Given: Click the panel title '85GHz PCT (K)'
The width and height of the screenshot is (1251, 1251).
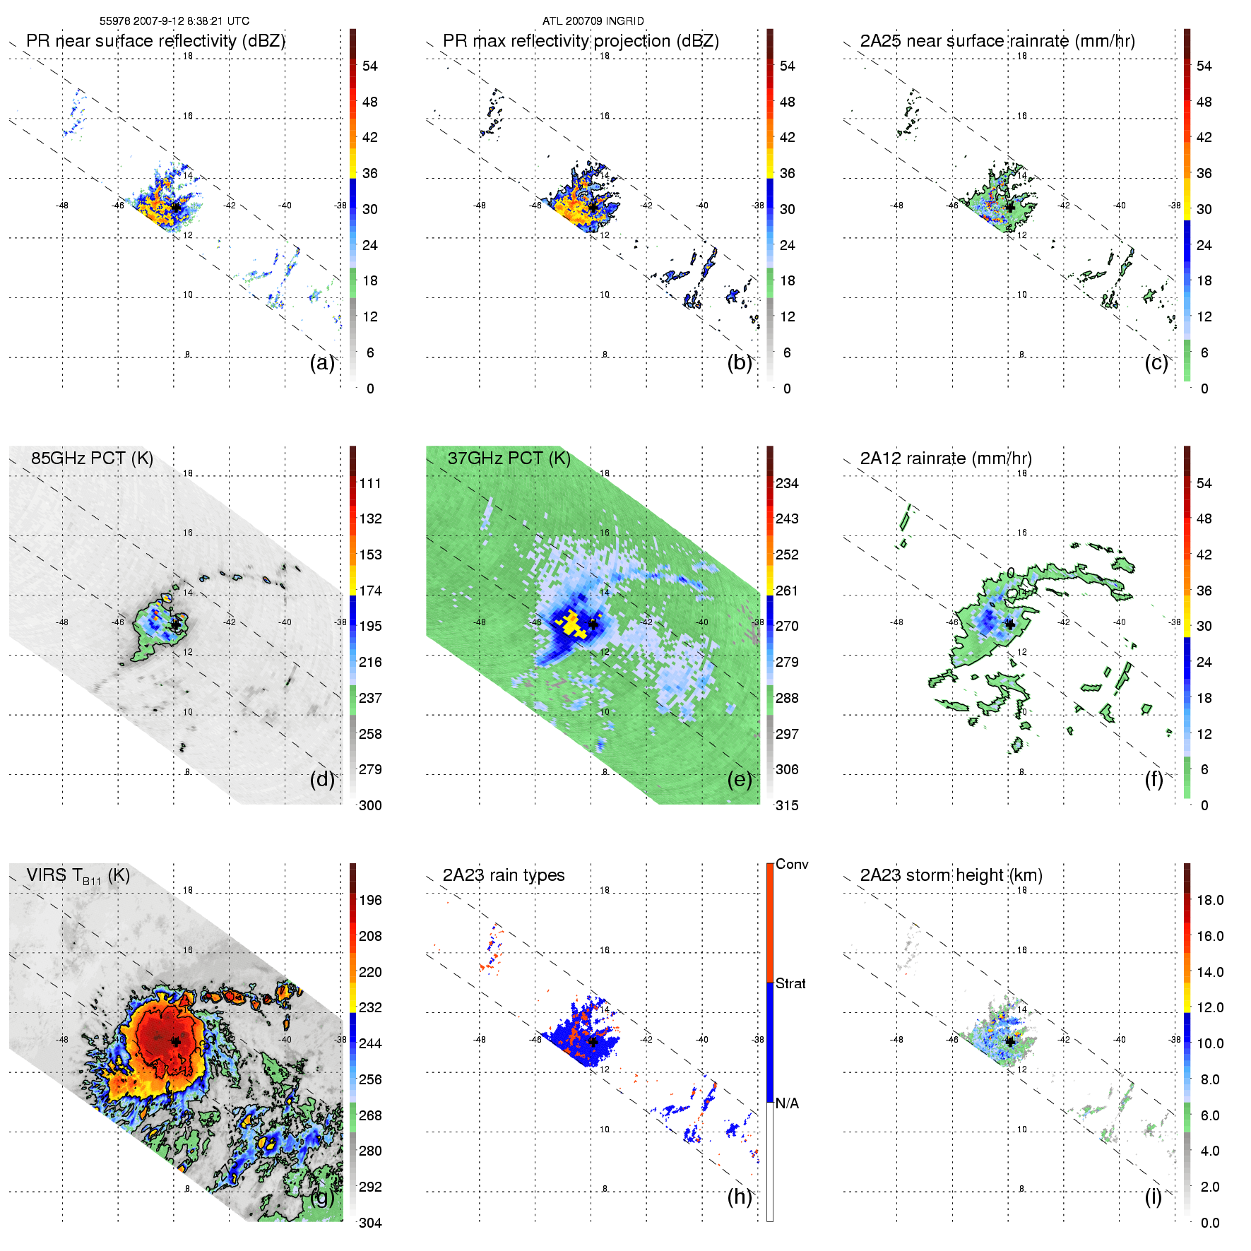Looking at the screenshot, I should tap(92, 458).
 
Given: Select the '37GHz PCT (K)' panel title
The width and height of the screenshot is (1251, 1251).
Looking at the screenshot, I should tap(509, 458).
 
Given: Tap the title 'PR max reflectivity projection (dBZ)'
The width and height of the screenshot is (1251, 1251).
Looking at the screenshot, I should tap(581, 41).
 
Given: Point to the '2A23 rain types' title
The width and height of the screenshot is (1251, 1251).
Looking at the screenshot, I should tap(504, 875).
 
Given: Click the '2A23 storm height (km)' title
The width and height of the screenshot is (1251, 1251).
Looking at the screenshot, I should tap(951, 875).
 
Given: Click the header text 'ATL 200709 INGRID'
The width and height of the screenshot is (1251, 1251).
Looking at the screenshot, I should tap(593, 21).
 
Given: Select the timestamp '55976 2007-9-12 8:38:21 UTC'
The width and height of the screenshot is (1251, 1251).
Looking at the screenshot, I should tap(174, 21).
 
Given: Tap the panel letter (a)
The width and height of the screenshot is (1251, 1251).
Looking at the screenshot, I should tap(322, 363).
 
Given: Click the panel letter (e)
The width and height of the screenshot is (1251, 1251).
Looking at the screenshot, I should tap(740, 780).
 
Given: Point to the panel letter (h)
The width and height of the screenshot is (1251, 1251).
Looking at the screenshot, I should tap(740, 1197).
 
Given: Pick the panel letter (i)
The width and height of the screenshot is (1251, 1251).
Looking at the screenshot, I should tap(1153, 1197).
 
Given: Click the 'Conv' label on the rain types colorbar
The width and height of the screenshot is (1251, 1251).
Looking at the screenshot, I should tap(792, 865).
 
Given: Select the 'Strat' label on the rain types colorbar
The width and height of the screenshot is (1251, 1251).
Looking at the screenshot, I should tap(790, 984).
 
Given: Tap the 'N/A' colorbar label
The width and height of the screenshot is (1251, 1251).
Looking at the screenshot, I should tap(787, 1103).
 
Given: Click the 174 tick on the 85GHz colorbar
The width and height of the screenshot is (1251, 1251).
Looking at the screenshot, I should tap(370, 591).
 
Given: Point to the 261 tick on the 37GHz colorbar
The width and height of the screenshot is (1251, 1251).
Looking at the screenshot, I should tap(787, 591).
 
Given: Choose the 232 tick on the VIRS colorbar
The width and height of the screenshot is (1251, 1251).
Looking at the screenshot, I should tap(370, 1007).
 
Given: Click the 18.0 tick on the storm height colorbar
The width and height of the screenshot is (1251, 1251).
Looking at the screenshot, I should tap(1209, 900).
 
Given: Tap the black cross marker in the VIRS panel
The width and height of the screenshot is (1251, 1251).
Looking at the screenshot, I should tap(175, 1041).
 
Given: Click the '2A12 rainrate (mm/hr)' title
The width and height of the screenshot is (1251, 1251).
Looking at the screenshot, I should tap(946, 458).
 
